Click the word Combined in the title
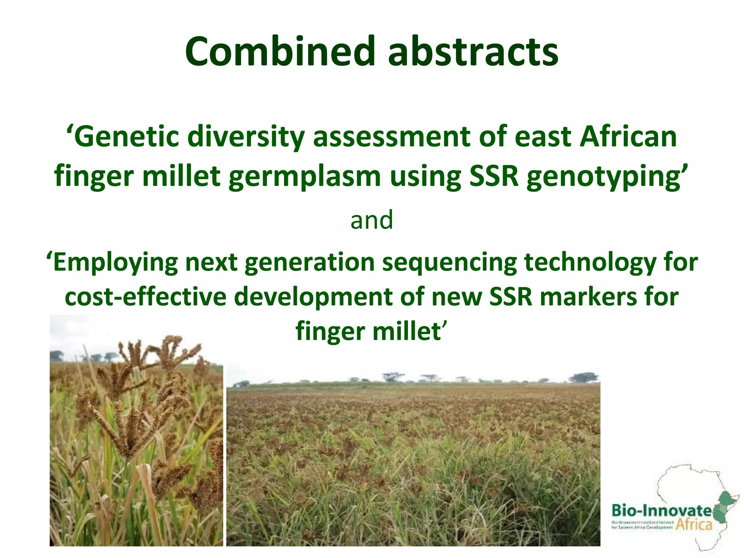click(280, 52)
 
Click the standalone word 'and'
click(372, 220)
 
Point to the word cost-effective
click(145, 297)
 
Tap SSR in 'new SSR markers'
click(510, 297)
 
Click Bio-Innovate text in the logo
click(661, 510)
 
